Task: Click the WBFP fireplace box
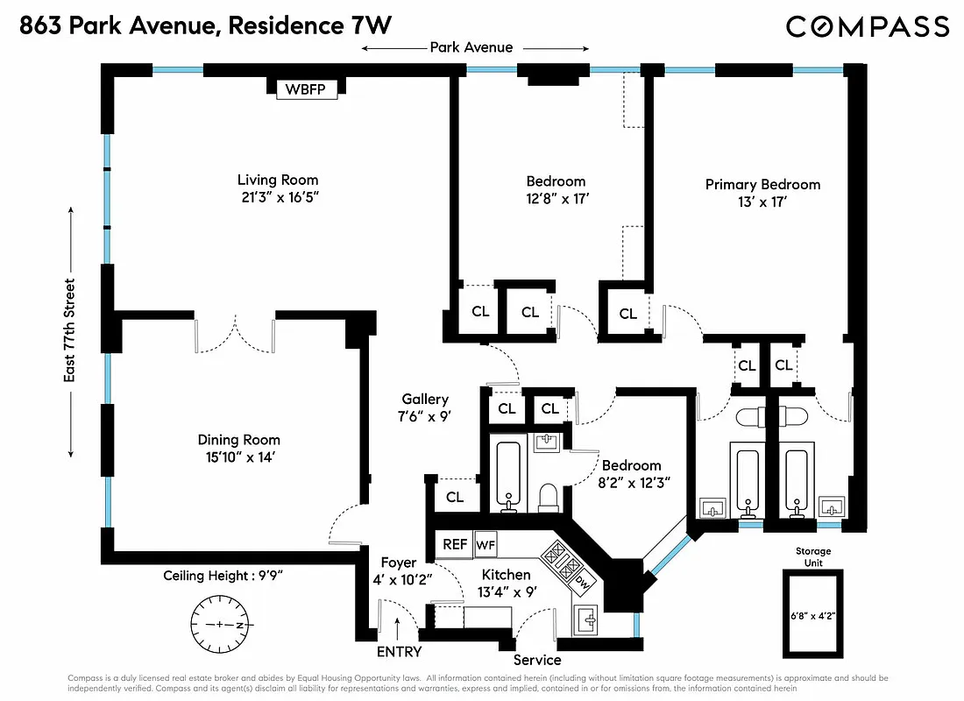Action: coord(307,89)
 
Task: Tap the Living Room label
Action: coord(278,181)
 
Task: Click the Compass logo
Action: coord(867,26)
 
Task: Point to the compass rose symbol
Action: coord(219,625)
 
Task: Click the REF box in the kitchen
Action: coord(454,544)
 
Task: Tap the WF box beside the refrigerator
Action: coord(485,544)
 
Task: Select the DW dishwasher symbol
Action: coord(581,579)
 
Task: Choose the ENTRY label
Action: coord(399,652)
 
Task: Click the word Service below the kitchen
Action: coord(537,659)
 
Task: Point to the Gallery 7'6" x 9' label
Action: coord(425,408)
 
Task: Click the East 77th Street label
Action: coord(69,331)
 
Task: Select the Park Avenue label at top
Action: coord(471,47)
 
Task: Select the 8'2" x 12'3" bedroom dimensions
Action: coord(630,483)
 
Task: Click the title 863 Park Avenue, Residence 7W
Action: coord(199,26)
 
